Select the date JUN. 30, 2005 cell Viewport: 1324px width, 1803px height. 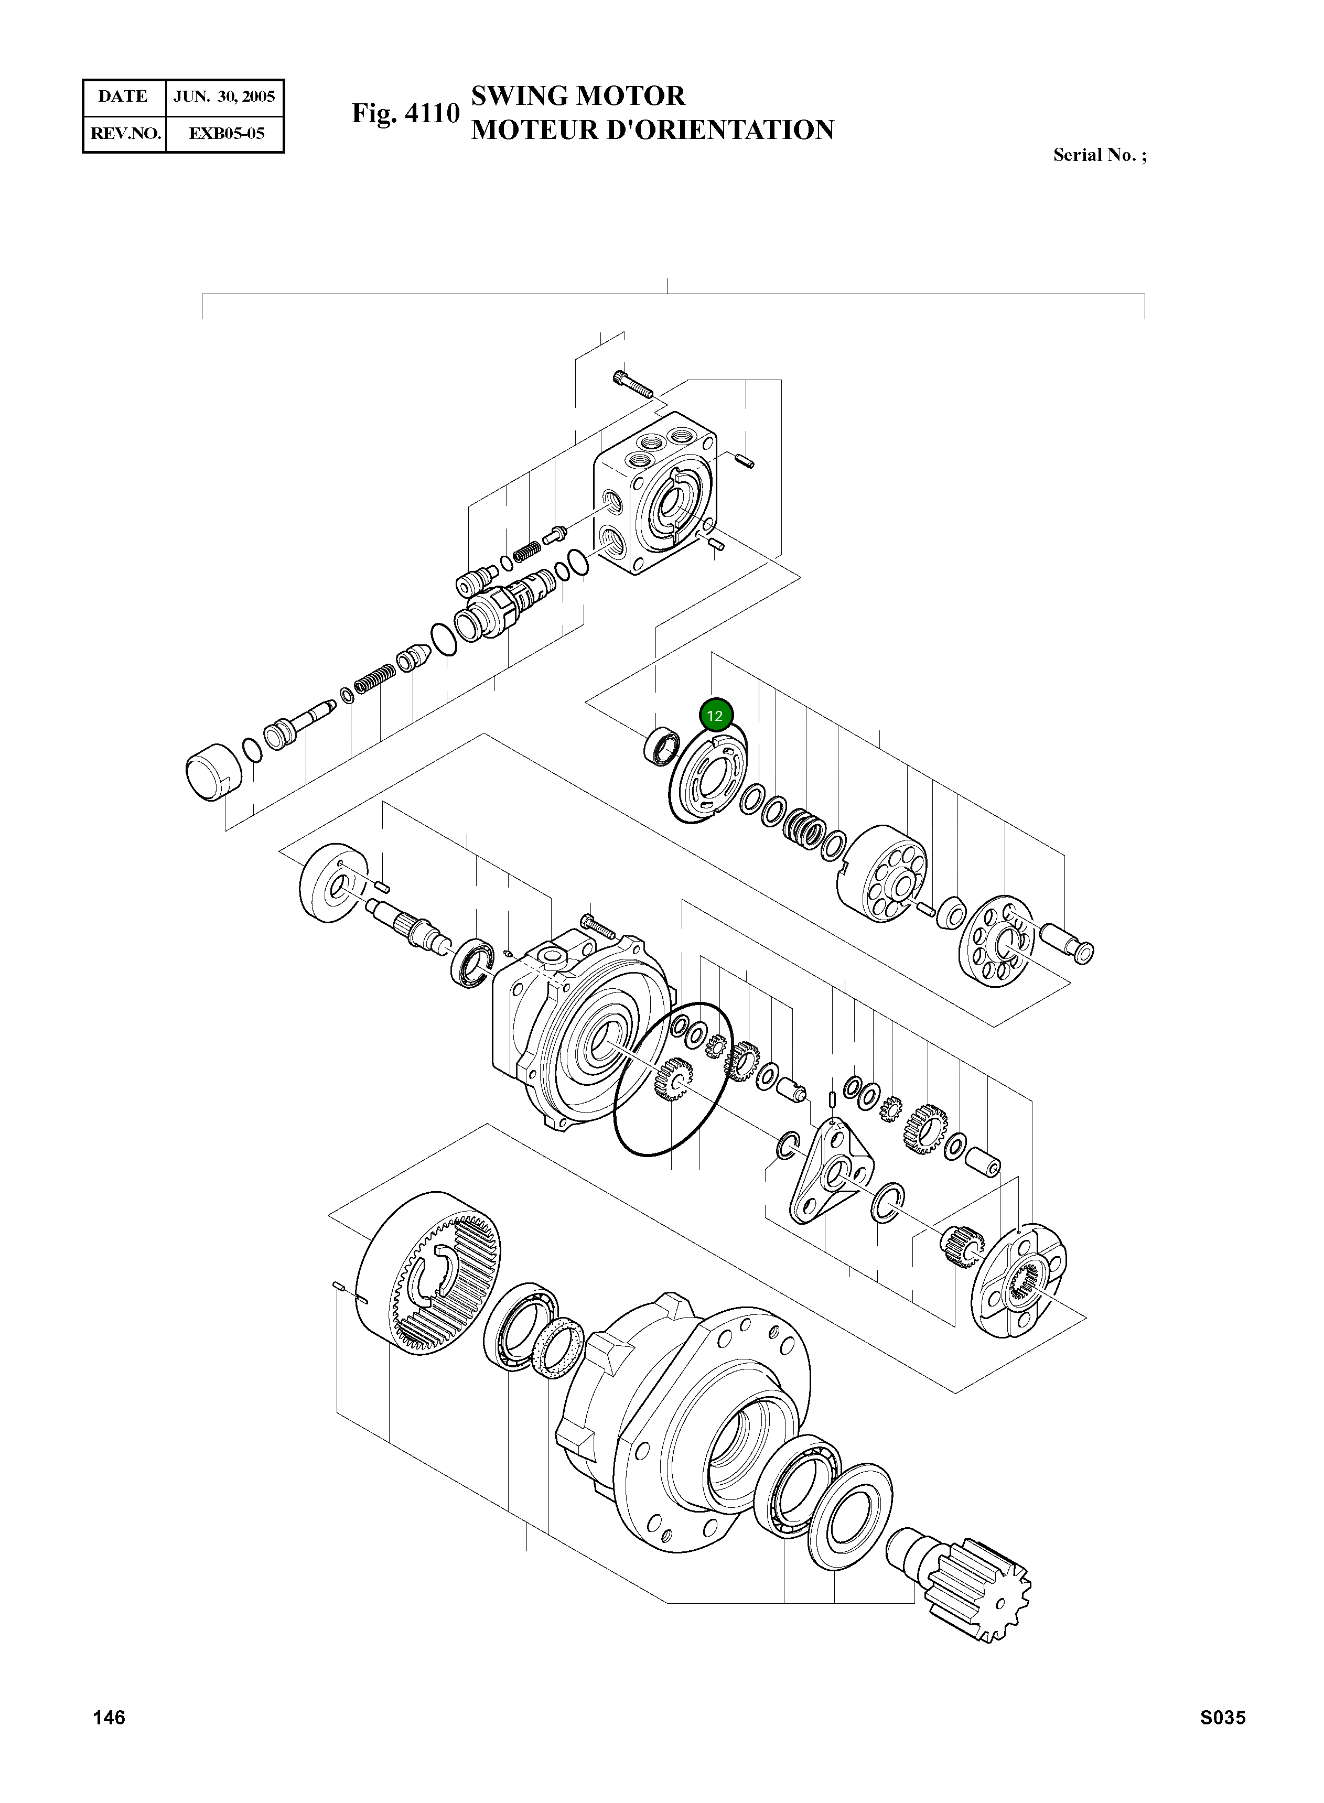pos(224,97)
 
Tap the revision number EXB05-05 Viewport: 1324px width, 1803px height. pos(226,133)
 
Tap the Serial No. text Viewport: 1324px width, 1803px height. pos(1099,156)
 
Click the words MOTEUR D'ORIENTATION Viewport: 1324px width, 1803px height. pos(652,130)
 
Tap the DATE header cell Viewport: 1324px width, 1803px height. pos(123,97)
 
